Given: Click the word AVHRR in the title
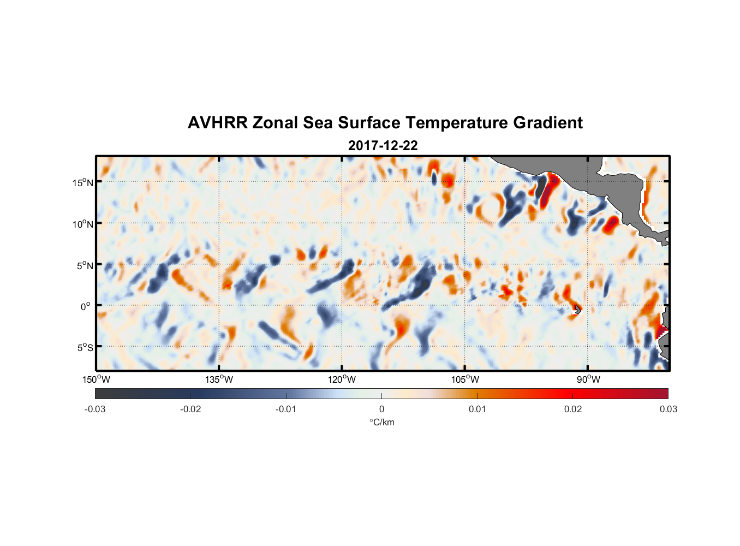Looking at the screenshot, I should click(217, 123).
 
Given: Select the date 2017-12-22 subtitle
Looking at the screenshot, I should click(383, 146).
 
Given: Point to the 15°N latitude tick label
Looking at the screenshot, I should click(82, 182).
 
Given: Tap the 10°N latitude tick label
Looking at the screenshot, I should click(82, 224).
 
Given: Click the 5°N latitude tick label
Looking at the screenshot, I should click(85, 265).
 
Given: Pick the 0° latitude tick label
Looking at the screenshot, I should click(86, 306).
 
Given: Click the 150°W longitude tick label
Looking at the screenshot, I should click(96, 379).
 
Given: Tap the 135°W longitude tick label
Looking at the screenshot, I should click(219, 379).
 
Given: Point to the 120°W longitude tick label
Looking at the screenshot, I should click(342, 379).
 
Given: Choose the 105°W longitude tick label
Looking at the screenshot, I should click(465, 379).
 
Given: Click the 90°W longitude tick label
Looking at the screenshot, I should click(588, 379).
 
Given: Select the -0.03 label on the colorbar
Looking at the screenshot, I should click(95, 409).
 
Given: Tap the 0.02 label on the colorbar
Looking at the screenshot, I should click(573, 409).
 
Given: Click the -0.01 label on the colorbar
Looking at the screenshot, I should click(286, 409).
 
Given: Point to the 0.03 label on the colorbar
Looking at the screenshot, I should click(668, 409).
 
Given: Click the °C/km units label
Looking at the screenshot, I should click(381, 422).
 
